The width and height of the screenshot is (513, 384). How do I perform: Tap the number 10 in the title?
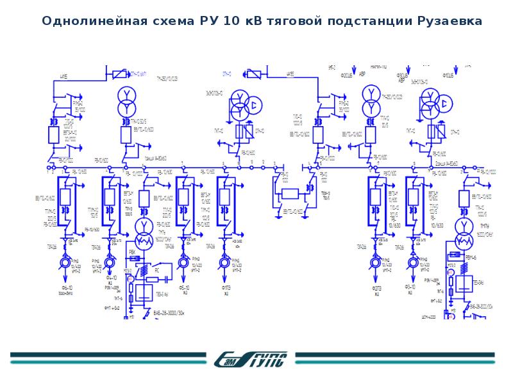pyautogui.click(x=230, y=21)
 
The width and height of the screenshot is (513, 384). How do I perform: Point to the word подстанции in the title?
pyautogui.click(x=365, y=21)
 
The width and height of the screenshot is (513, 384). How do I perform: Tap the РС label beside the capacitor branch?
pyautogui.click(x=156, y=270)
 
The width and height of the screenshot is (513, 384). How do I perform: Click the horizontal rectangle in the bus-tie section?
pyautogui.click(x=291, y=195)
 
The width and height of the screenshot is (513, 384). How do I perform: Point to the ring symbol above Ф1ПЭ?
pyautogui.click(x=224, y=262)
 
